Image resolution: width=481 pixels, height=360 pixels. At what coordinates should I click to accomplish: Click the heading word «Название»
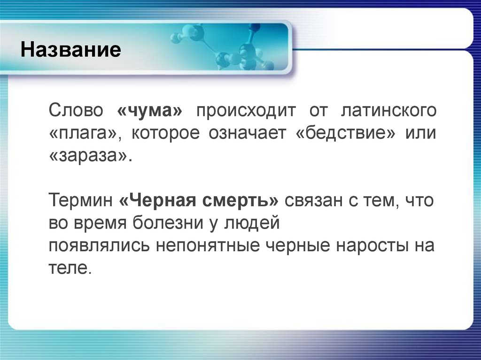70,49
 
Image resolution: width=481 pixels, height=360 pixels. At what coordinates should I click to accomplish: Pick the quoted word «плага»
85,134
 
